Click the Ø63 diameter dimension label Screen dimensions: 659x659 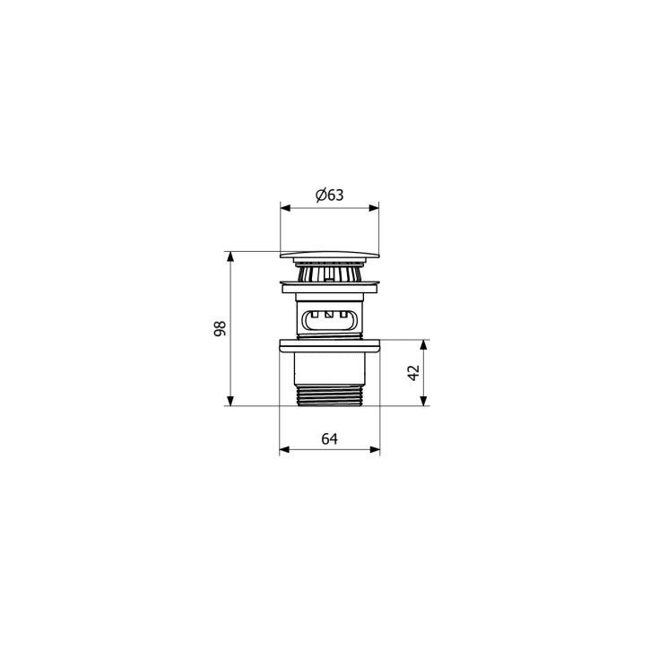coord(330,195)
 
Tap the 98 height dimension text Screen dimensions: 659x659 coord(220,328)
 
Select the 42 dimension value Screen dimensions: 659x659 coord(414,373)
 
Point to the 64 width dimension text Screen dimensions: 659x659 coord(330,438)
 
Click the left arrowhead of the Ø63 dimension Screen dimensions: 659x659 coord(285,208)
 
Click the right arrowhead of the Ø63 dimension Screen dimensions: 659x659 coord(374,208)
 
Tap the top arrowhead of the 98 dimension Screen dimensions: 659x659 coord(230,256)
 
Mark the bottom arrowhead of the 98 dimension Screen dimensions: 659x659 coord(230,401)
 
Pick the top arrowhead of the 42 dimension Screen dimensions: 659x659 coord(423,345)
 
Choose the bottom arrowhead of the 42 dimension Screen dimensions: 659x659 coord(423,401)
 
